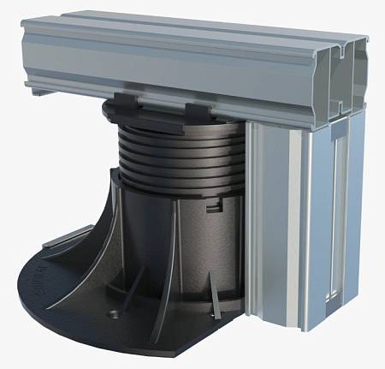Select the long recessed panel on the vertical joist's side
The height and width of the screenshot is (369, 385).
point(338,214)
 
